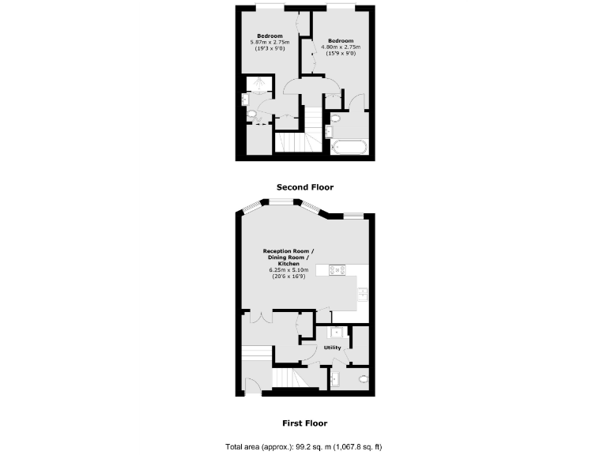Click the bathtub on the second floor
tap(347, 146)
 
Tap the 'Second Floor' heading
tap(304, 187)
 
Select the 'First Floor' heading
tap(304, 423)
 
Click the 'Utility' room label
tap(332, 348)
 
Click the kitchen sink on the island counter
tap(362, 293)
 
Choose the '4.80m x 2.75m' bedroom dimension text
tap(341, 47)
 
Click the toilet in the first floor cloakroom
tap(363, 379)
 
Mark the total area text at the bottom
tap(304, 446)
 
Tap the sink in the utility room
tap(336, 333)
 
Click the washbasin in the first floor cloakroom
tap(334, 379)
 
